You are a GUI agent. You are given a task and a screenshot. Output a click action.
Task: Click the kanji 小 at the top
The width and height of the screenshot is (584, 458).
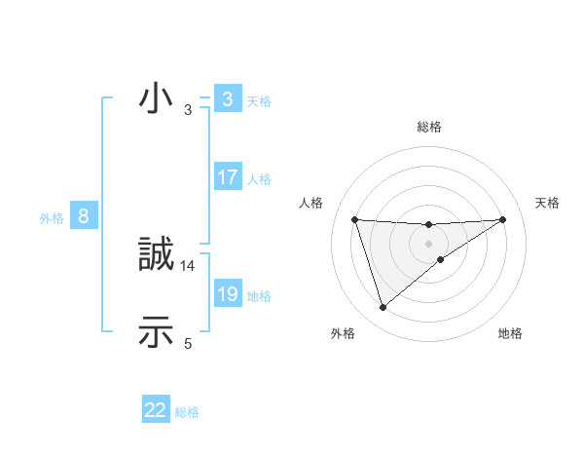tap(157, 100)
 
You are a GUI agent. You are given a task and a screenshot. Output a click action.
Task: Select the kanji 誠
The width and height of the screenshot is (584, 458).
tap(157, 256)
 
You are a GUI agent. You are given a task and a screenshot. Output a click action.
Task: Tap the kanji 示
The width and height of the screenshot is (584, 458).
tap(157, 332)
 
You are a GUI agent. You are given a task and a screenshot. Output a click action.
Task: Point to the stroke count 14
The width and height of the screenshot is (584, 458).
tap(188, 265)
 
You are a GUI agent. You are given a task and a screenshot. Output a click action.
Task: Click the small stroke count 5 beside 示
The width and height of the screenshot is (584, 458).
tap(188, 342)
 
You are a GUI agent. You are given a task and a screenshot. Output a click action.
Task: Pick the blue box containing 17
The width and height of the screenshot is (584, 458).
tap(228, 177)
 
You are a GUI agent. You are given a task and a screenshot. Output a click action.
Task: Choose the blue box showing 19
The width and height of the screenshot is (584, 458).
tap(228, 293)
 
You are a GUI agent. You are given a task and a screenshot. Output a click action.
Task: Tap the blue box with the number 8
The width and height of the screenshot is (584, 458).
tap(84, 216)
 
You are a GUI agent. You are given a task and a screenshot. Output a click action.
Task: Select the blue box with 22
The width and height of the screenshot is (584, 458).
tap(156, 410)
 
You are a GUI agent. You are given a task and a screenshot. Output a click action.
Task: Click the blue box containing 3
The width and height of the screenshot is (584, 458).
tap(228, 99)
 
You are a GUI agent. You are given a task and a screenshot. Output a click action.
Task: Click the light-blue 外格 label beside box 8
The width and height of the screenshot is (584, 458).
tap(52, 218)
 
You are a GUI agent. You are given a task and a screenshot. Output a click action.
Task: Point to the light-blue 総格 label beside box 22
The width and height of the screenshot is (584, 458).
tap(187, 412)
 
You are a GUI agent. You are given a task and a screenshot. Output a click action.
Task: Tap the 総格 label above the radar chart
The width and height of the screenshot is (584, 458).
tap(429, 127)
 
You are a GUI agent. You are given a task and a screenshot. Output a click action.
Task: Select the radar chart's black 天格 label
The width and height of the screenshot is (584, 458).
tap(548, 203)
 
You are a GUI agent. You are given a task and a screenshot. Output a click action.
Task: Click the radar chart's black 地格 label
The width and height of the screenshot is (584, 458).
tap(510, 333)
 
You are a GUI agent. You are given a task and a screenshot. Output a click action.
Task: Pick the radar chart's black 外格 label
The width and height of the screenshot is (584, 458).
tap(343, 333)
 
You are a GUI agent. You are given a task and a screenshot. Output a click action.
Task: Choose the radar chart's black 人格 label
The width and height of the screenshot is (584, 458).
tap(311, 203)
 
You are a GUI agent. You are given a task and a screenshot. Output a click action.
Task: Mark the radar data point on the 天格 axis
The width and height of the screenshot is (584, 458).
tap(502, 219)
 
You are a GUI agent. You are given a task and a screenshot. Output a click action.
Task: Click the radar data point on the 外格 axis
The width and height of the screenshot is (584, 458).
tap(383, 308)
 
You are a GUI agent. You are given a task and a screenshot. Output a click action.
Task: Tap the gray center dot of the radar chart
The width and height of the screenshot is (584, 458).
tap(428, 244)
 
